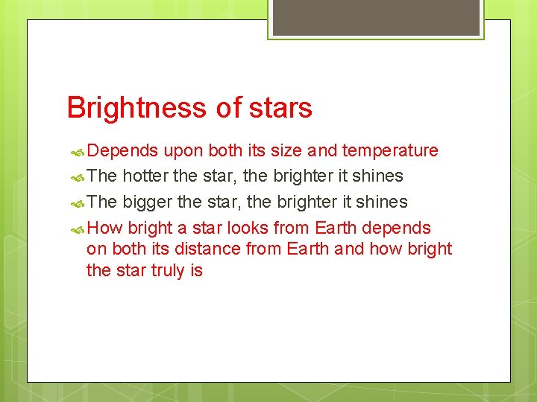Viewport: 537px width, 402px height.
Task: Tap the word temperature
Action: (390, 151)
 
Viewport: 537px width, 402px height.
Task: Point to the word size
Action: (283, 151)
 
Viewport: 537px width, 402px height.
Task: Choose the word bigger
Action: (147, 202)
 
